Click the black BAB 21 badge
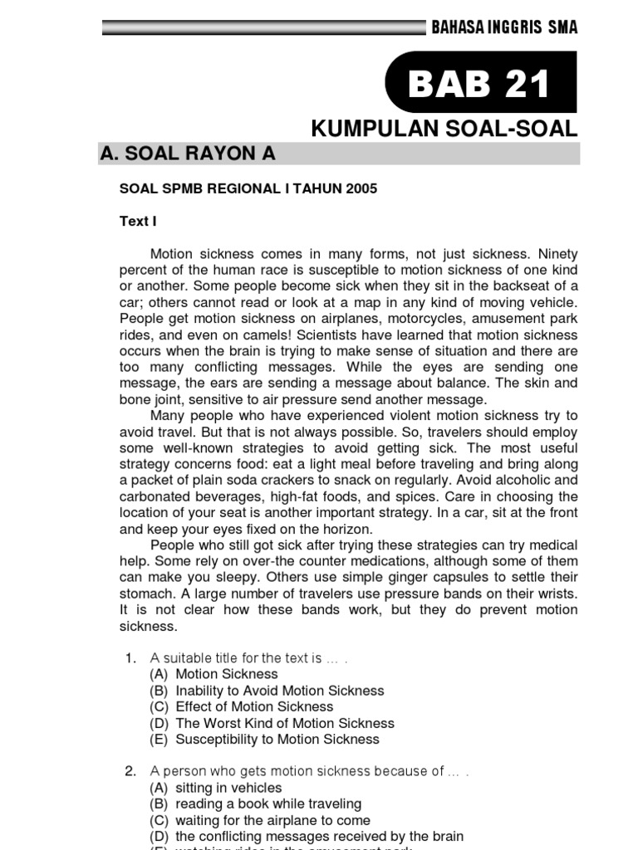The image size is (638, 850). point(481,84)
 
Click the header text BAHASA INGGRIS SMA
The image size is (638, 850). point(504,27)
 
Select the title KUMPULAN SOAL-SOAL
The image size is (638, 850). point(444,129)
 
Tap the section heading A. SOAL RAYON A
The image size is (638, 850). point(187,154)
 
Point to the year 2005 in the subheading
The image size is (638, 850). point(361,188)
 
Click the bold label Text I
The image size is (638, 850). point(138,221)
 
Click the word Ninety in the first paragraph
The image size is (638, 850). point(557,254)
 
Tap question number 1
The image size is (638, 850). point(130,658)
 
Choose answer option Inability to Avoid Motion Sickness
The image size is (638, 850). point(280,691)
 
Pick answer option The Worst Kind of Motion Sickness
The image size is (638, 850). point(285,723)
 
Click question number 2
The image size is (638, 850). point(130,771)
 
